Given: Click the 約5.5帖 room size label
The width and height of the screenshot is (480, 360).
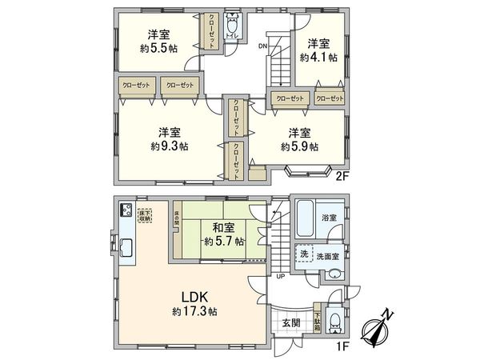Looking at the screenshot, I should click(158, 48).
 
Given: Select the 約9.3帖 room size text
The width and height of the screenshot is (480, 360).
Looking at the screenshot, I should click(169, 146).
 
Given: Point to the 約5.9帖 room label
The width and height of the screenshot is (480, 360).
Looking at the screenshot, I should click(299, 146).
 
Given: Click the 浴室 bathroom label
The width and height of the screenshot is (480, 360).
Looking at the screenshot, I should click(330, 217).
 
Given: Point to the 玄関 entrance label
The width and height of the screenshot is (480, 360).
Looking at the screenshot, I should click(291, 323).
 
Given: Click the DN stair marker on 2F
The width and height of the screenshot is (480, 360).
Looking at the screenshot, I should click(262, 46).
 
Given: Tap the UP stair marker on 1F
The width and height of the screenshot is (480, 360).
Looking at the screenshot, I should click(280, 277).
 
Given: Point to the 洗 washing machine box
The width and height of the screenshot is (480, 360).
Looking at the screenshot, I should click(304, 254).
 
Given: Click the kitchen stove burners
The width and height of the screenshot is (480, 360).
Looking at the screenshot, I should click(126, 211).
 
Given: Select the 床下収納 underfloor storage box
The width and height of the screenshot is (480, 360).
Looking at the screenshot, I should click(144, 215).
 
